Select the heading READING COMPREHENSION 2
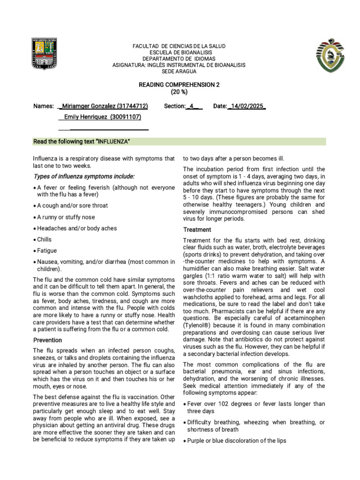179,84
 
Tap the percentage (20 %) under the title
179,92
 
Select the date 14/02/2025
247,106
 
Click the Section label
175,106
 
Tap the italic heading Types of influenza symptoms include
84,176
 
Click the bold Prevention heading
48,340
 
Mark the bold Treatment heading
197,230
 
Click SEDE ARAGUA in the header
179,71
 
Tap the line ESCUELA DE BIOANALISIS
179,52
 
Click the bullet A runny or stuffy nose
66,217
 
